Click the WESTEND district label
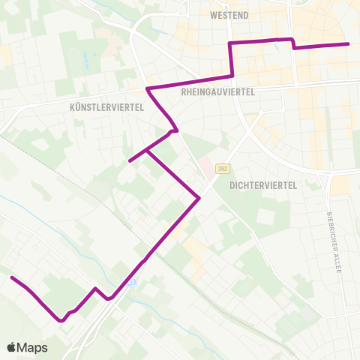click(x=229, y=15)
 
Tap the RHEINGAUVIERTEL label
click(x=219, y=91)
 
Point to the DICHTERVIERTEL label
click(x=264, y=184)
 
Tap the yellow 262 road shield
click(x=222, y=169)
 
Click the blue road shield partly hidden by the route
click(x=130, y=282)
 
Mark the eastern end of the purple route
click(x=349, y=44)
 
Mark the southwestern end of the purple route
click(x=11, y=277)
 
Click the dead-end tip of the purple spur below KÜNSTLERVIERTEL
click(x=130, y=160)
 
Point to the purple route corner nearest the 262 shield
click(x=199, y=198)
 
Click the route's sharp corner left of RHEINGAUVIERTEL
click(x=148, y=89)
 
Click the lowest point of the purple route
click(x=61, y=321)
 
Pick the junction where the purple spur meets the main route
click(x=148, y=151)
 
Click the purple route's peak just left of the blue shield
click(x=95, y=288)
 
